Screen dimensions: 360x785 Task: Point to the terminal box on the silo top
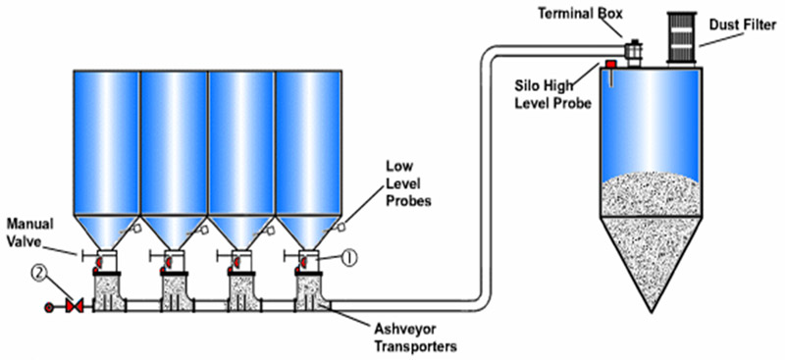(x=633, y=46)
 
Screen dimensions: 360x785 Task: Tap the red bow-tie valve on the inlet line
(x=71, y=308)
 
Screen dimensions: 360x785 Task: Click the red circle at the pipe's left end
(x=49, y=308)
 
